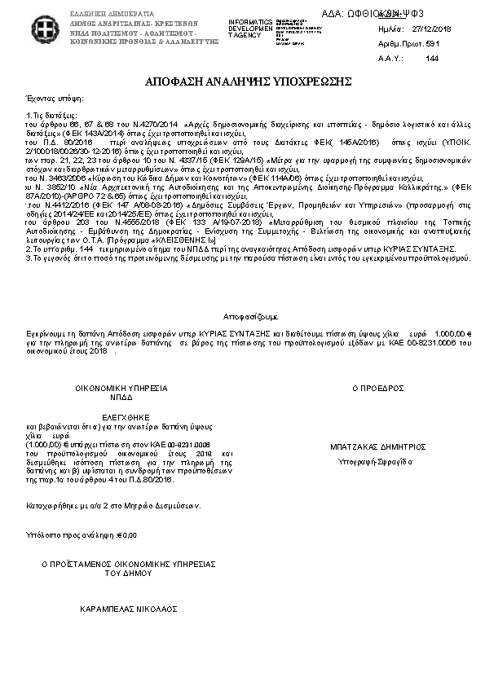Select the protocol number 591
pos(433,42)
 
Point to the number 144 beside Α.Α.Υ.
pos(432,58)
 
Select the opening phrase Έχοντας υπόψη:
pos(50,97)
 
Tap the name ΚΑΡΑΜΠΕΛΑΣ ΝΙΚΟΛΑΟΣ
pos(128,608)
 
